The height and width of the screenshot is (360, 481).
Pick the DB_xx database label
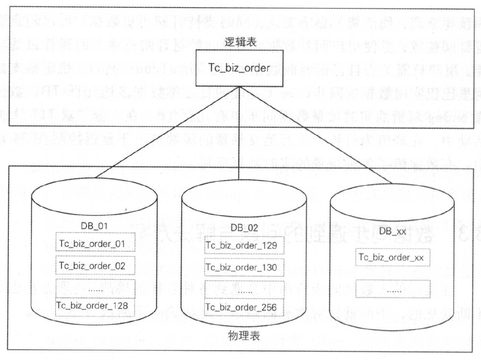392,232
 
